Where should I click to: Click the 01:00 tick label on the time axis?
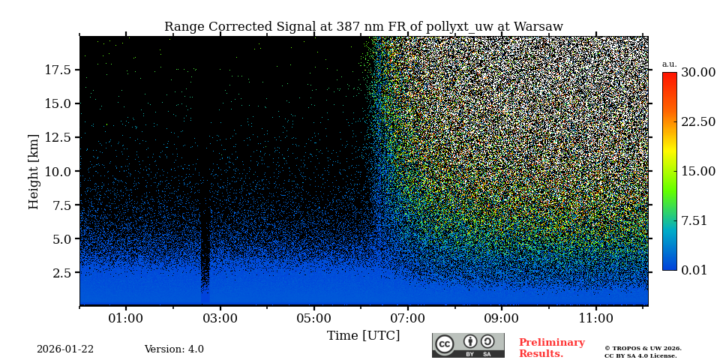[x=126, y=318]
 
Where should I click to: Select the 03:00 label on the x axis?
[x=220, y=318]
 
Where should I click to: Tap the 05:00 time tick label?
[x=313, y=318]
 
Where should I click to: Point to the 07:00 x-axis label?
[x=408, y=318]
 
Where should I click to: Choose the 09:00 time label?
[x=502, y=318]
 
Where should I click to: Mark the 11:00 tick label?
[x=595, y=318]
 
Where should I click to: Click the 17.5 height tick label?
[x=58, y=70]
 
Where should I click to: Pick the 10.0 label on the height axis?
[x=58, y=171]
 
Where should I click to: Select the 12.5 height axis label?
[x=58, y=137]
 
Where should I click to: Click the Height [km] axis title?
[x=34, y=171]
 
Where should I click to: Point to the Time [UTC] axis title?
[x=364, y=335]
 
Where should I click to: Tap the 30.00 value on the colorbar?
[x=697, y=72]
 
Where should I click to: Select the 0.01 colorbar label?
[x=694, y=270]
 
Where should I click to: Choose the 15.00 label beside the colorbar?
[x=697, y=171]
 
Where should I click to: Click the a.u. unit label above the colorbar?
[x=669, y=64]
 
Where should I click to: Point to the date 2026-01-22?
[x=65, y=349]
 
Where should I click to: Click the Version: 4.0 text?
[x=174, y=349]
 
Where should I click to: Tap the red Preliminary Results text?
[x=551, y=348]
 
